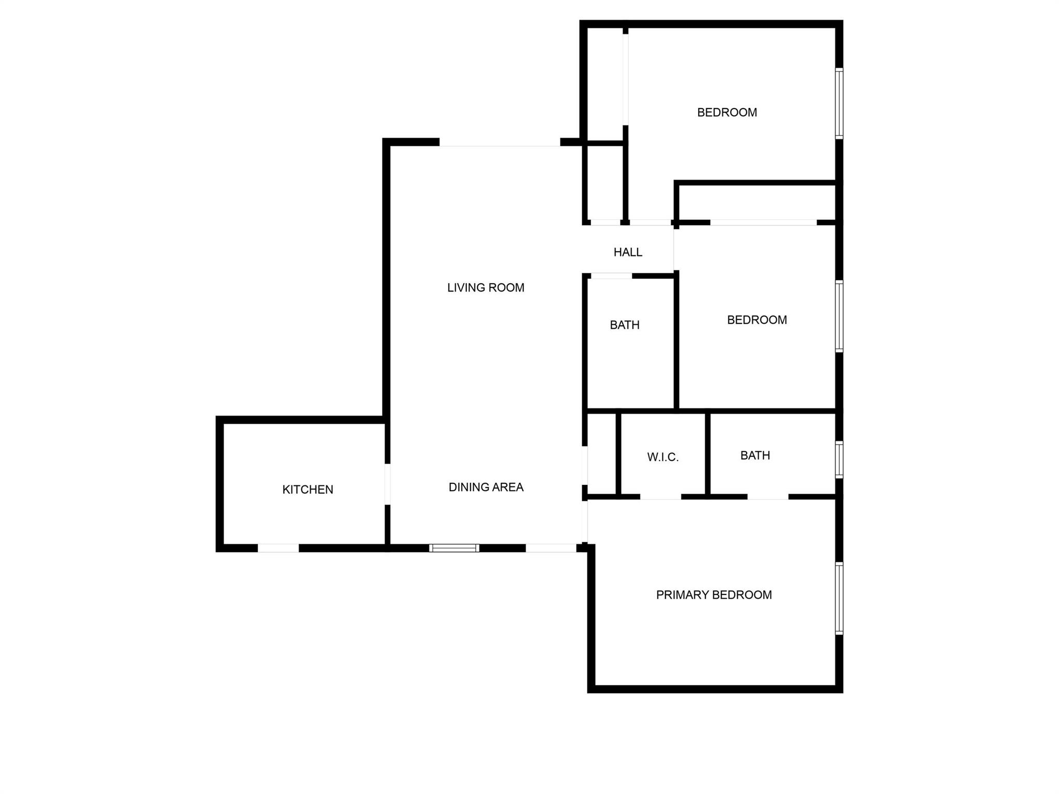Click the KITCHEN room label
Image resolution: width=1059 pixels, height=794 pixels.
pos(308,490)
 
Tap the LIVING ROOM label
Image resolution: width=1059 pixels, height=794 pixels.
pos(486,288)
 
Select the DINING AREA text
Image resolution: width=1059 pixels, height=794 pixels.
pos(486,487)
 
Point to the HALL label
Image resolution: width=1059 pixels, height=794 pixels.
pos(628,252)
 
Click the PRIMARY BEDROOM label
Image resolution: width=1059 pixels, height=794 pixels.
pos(714,595)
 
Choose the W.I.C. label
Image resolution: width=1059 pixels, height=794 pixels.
pos(663,457)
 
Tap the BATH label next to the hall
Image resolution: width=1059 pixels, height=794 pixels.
pos(625,325)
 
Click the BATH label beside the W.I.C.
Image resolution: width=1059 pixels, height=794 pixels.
pos(755,455)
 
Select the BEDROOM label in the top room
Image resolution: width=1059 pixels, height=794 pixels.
pos(727,112)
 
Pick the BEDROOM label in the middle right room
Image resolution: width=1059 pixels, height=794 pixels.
pos(757,320)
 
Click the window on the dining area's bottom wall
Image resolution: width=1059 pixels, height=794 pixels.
pos(454,548)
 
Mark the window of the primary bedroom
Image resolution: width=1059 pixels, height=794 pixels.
pos(839,598)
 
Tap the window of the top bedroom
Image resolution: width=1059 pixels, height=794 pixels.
pos(839,103)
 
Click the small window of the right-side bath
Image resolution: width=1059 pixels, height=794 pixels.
pos(839,460)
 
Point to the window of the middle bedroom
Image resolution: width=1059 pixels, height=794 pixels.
pos(839,316)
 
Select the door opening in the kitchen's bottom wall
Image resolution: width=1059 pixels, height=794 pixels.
pos(278,548)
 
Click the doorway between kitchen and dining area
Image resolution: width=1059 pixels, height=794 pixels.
pos(387,484)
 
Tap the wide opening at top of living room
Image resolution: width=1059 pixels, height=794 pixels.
pos(500,142)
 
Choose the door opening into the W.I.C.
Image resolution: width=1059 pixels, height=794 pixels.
pos(661,497)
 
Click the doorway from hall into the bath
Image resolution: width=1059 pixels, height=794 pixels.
pos(612,276)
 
